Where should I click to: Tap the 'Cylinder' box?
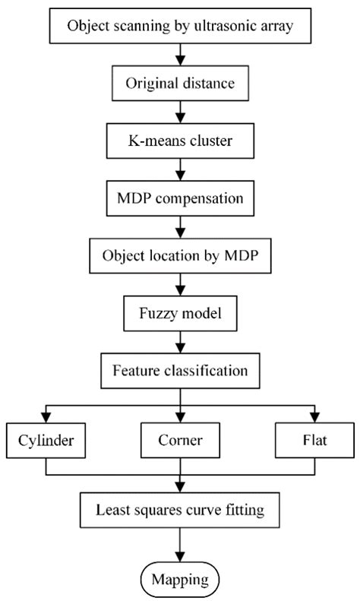click(x=46, y=440)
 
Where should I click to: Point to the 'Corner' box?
click(x=179, y=440)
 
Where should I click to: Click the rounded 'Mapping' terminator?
click(x=179, y=580)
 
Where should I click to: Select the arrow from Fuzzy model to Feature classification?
click(x=179, y=342)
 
